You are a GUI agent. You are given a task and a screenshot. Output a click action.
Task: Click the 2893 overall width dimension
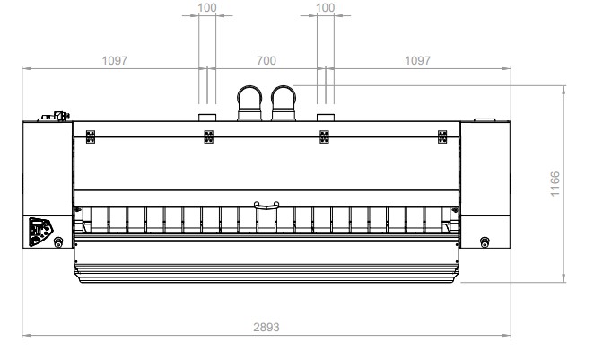pos(266,327)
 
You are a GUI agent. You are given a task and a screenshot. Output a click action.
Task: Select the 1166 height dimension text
pos(555,184)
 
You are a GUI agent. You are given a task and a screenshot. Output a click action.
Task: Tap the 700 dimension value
pos(266,61)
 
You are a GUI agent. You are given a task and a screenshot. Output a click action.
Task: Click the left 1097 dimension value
pos(115,61)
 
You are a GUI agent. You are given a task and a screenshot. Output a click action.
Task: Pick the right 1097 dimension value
pos(417,61)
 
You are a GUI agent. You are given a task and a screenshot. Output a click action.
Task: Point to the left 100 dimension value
pos(207,7)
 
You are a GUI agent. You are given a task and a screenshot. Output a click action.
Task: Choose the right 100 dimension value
pos(326,7)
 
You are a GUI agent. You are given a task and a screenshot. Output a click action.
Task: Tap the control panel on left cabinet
pos(40,232)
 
